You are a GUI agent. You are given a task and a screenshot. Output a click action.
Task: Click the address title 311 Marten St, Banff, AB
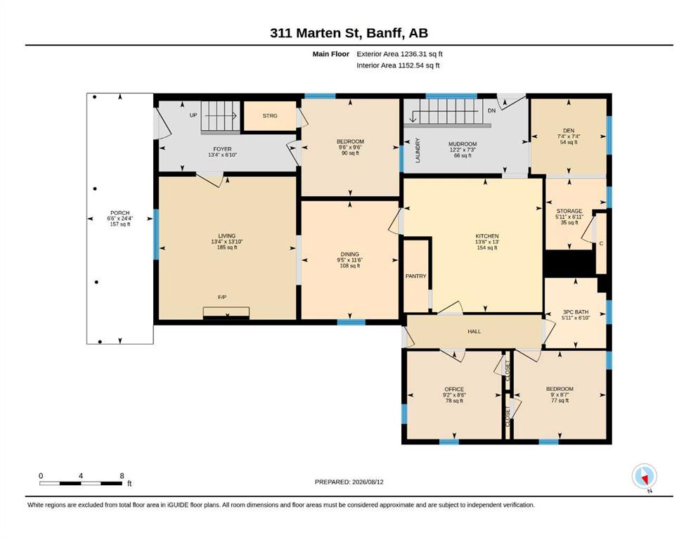[349, 33]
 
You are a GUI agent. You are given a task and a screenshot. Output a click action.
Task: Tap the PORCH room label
[120, 213]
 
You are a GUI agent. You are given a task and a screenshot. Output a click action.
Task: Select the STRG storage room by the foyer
[270, 116]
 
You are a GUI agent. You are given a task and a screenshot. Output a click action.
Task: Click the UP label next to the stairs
[193, 115]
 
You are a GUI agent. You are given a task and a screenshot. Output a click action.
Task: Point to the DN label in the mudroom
[491, 110]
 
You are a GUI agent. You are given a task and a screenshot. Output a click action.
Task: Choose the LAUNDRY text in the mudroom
[418, 150]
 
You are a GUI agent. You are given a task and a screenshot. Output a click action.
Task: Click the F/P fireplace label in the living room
[222, 297]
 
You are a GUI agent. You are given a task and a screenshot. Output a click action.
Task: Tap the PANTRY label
[415, 276]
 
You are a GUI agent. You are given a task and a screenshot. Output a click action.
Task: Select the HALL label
[474, 331]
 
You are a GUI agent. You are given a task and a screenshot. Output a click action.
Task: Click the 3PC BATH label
[576, 312]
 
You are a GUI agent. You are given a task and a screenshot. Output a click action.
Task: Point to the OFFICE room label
[454, 389]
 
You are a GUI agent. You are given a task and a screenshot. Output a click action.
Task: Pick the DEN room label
[569, 131]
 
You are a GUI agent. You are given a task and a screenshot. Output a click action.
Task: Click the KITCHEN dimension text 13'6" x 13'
[487, 242]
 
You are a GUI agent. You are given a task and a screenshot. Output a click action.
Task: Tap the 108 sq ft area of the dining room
[350, 266]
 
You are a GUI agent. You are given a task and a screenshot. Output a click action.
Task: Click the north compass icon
[644, 476]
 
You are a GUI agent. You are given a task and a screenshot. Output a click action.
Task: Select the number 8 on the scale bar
[122, 475]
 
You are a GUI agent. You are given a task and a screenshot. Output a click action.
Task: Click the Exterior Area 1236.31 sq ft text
[399, 54]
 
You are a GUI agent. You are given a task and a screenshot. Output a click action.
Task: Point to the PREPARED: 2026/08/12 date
[349, 482]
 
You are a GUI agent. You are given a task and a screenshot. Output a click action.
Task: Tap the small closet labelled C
[601, 243]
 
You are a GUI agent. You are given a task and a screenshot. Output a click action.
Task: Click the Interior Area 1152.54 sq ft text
[398, 65]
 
